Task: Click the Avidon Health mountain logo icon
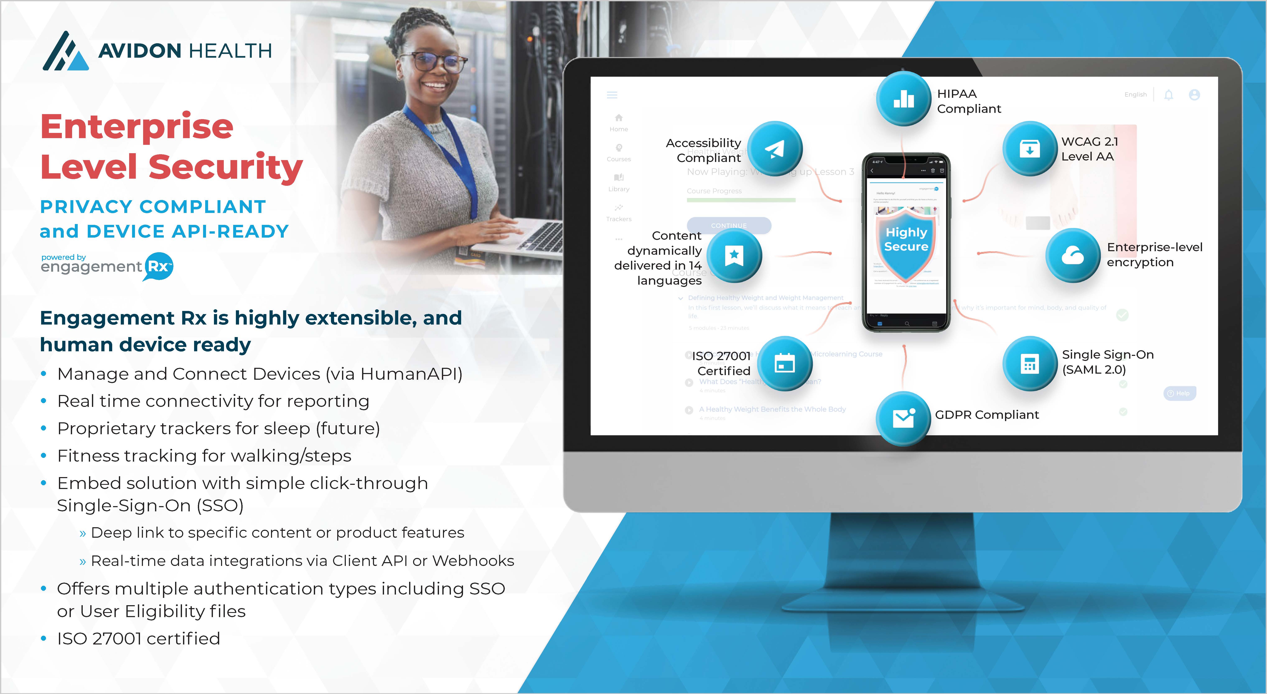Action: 65,52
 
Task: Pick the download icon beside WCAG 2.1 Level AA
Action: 1029,149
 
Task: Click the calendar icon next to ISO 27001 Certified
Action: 785,363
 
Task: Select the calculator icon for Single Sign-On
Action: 1029,363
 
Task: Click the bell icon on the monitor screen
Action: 1169,95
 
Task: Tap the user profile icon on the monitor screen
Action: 1194,95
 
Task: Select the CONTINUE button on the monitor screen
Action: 729,225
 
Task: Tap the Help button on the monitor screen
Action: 1179,393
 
